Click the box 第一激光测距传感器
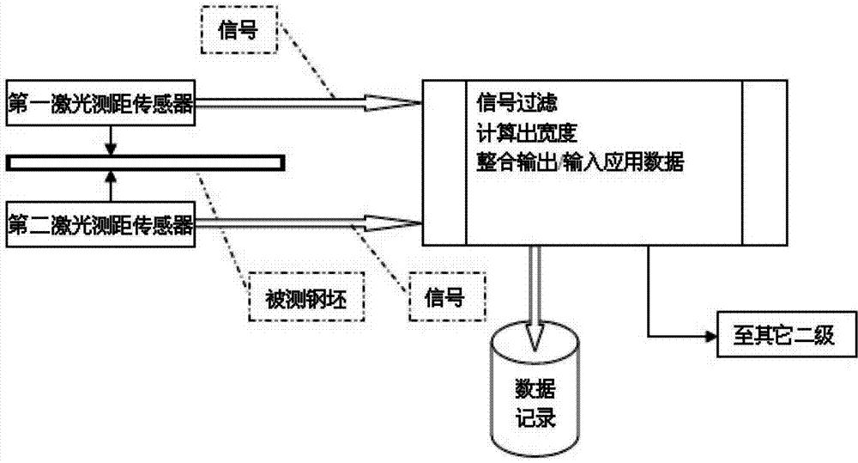click(x=100, y=105)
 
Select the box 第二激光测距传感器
click(x=100, y=224)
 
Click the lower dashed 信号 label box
click(x=445, y=297)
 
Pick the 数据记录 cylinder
click(x=535, y=395)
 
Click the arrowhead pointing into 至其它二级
click(x=710, y=335)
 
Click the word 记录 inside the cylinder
click(x=535, y=420)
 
